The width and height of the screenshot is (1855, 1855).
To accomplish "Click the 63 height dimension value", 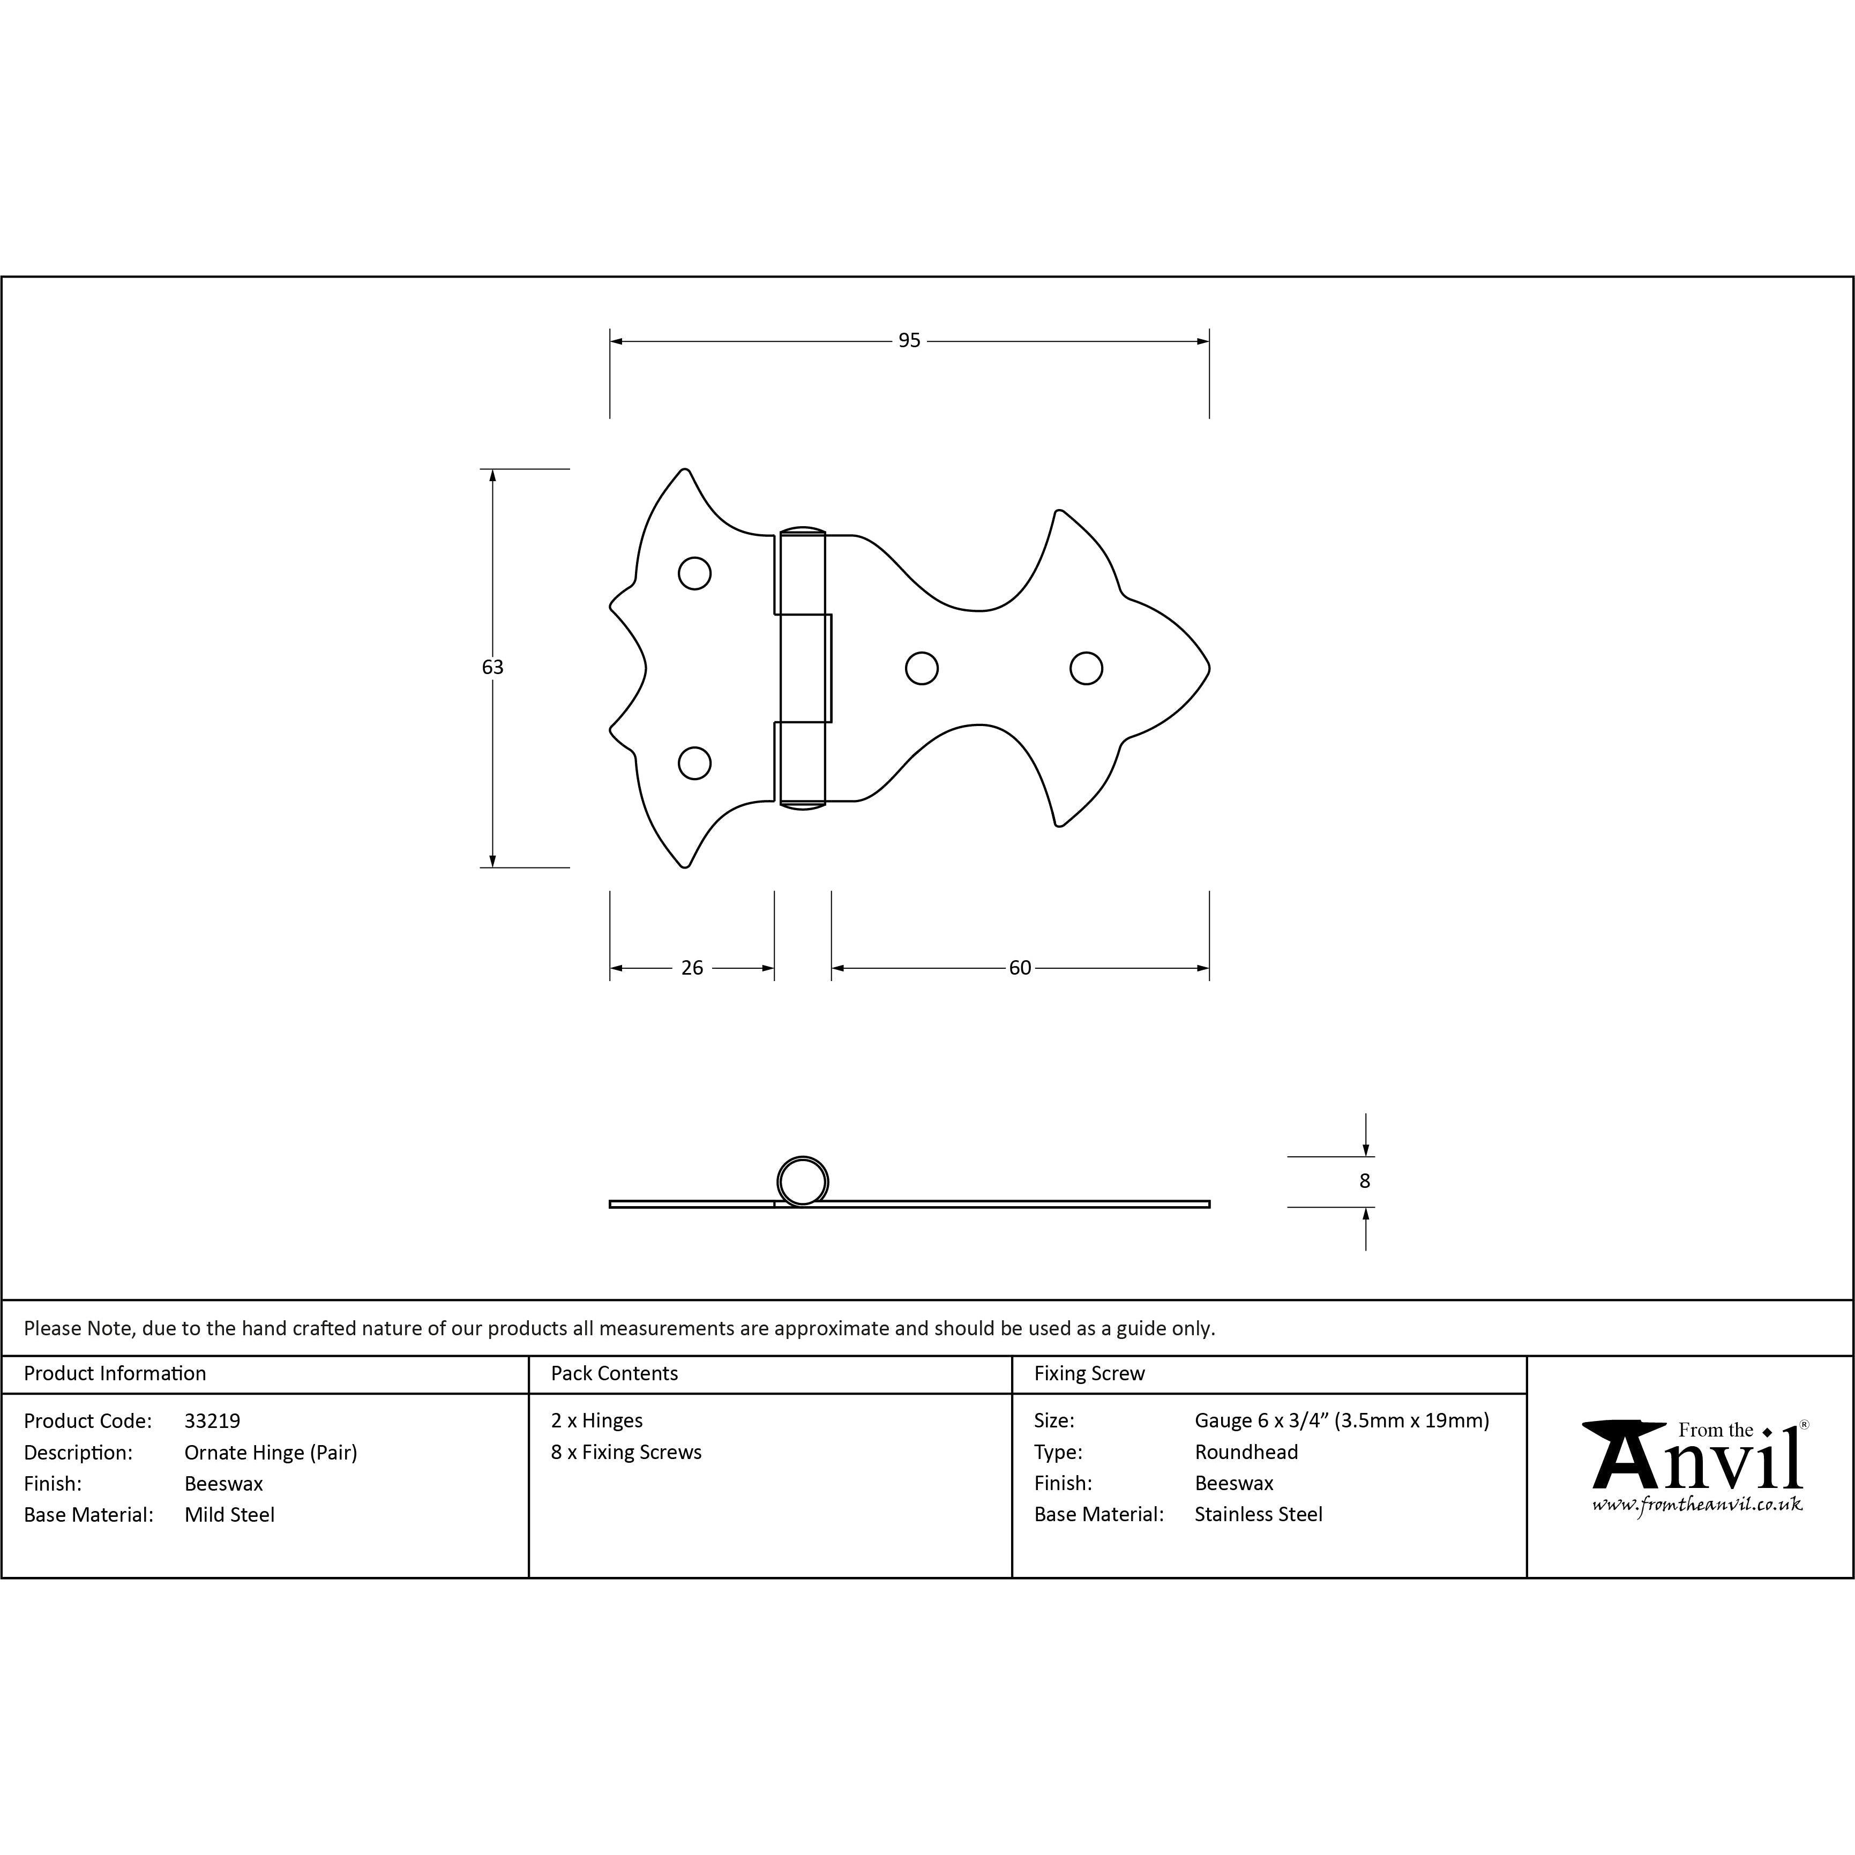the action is pos(492,667).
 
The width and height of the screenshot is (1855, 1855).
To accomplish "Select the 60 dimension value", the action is pos(1020,968).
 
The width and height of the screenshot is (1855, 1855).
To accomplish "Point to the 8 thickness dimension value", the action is pos(1364,1181).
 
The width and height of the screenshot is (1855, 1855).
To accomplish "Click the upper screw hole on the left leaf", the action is pos(694,573).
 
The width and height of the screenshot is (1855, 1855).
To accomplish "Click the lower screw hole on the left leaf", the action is pos(694,764).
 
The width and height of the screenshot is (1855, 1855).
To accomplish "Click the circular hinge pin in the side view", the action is pos(802,1181).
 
